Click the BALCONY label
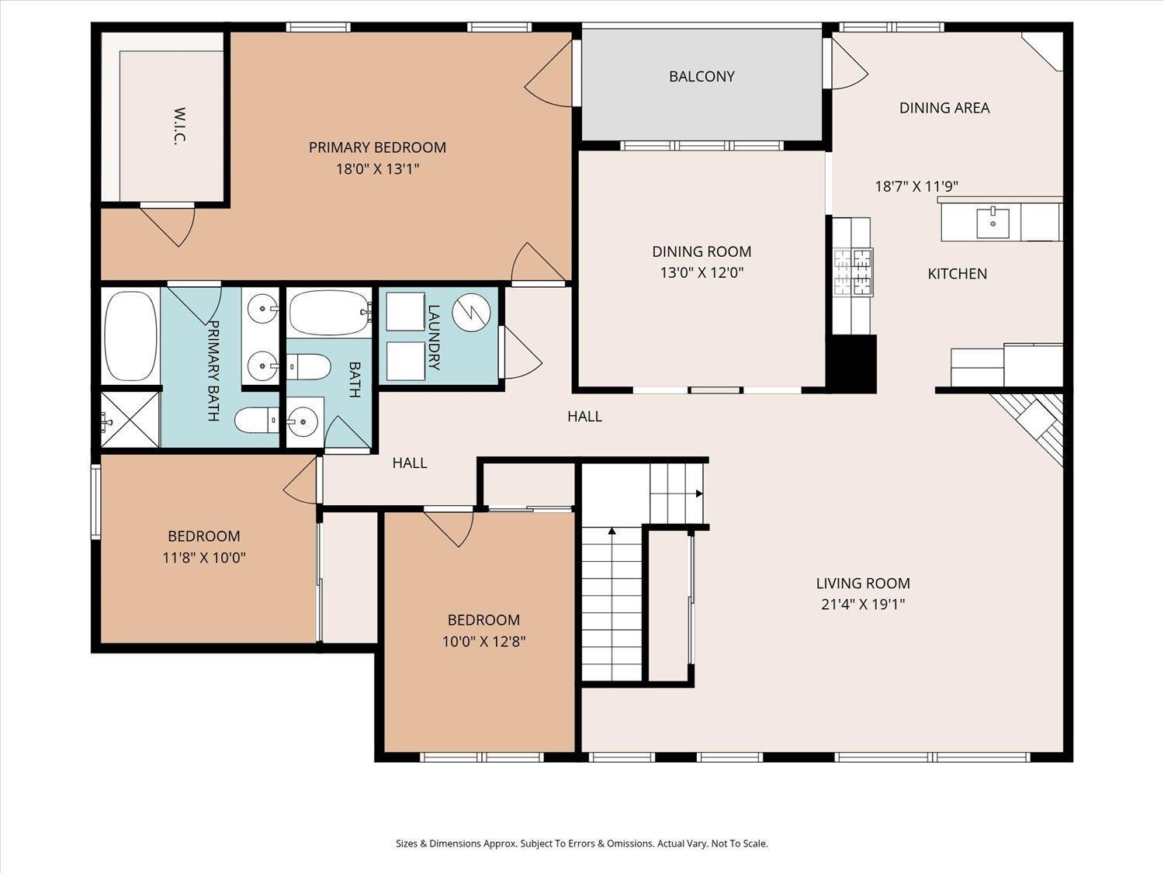(x=702, y=76)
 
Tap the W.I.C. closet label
(x=179, y=126)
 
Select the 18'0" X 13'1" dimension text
(x=378, y=169)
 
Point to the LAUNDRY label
(x=434, y=337)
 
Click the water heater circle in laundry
(x=471, y=313)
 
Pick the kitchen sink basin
(x=993, y=223)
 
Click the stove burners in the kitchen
(x=854, y=272)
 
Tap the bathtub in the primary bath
(x=130, y=335)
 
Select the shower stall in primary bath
(x=130, y=420)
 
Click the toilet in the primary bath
(x=257, y=421)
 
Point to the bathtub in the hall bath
(x=330, y=313)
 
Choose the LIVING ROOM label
(x=863, y=584)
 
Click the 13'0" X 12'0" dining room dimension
(x=702, y=272)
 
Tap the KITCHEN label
(x=957, y=273)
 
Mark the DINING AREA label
(x=944, y=108)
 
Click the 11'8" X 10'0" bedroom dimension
(x=204, y=558)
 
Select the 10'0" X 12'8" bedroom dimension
(x=483, y=642)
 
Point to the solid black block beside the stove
(x=854, y=364)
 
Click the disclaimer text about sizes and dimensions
(x=582, y=844)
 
